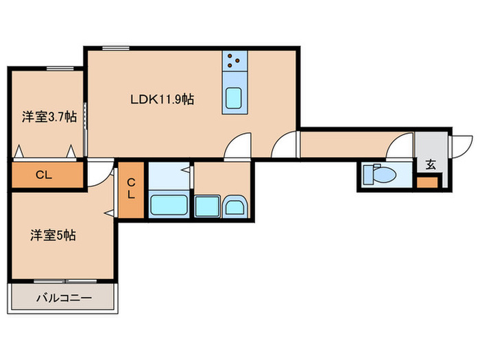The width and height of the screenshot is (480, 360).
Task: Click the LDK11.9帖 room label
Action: tap(162, 99)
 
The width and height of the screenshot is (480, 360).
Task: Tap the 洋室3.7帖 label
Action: tap(49, 117)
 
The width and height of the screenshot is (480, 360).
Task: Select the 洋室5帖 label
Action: tap(53, 235)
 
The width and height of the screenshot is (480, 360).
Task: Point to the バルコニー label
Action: tap(64, 298)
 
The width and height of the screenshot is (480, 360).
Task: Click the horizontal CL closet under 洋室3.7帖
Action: tap(47, 175)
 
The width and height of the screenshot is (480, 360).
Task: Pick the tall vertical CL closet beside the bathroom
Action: tap(131, 190)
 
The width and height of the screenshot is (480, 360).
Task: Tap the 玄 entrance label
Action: tap(431, 165)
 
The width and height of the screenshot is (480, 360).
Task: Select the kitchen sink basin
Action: tap(235, 98)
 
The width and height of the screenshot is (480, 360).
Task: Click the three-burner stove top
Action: tap(235, 60)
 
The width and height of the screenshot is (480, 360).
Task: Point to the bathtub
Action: tap(169, 205)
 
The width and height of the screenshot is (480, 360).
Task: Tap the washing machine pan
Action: tap(207, 206)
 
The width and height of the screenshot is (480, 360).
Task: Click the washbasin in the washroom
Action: tap(235, 207)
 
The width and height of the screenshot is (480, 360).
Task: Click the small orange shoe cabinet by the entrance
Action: tap(427, 183)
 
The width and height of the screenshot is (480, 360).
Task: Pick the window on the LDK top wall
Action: tap(116, 48)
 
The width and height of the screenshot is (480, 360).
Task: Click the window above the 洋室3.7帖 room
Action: tap(60, 69)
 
